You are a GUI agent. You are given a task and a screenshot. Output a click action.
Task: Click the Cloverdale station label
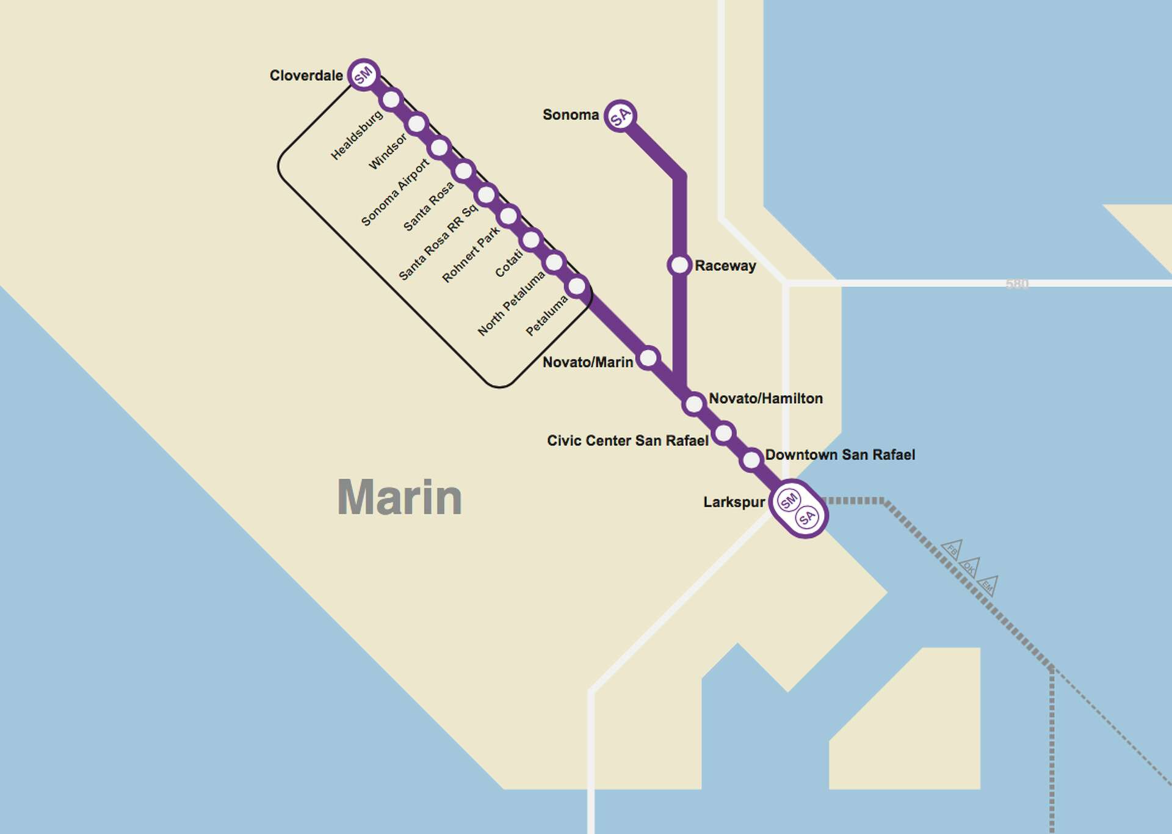(x=306, y=76)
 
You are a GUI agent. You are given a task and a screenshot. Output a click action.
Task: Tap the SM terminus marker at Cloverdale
(x=364, y=75)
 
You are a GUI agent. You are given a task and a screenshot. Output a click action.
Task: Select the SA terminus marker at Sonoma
(x=620, y=115)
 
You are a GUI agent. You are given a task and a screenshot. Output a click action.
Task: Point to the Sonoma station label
(x=571, y=115)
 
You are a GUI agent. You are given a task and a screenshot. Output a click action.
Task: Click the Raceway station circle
(x=679, y=265)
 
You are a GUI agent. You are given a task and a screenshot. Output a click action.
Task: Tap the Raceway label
(x=725, y=266)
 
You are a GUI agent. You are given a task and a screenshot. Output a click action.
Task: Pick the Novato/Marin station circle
(x=648, y=357)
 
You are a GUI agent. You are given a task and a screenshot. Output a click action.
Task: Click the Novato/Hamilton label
(x=765, y=398)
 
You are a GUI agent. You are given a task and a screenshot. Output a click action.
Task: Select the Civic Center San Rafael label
(x=628, y=441)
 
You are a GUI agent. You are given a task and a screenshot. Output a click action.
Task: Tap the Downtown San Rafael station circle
(x=751, y=459)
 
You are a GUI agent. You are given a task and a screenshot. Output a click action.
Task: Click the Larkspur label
(x=734, y=502)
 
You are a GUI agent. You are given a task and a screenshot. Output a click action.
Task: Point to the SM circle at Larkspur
(x=789, y=500)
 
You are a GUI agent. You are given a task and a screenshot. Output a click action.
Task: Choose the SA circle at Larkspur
(x=807, y=518)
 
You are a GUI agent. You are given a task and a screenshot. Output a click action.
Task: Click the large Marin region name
(x=400, y=497)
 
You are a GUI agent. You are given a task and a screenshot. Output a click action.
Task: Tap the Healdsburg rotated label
(x=356, y=135)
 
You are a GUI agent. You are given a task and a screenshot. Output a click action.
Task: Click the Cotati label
(x=508, y=263)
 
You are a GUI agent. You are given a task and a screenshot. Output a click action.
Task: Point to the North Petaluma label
(x=511, y=303)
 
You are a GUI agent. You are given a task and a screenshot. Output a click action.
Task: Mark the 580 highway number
(x=1017, y=283)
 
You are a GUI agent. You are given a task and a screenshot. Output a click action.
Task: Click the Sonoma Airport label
(x=395, y=192)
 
